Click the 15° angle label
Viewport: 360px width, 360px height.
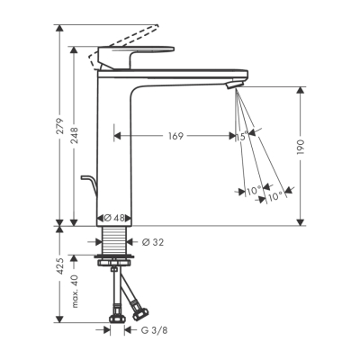point(240,136)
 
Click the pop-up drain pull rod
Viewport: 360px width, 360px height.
point(85,185)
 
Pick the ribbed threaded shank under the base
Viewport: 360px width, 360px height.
point(113,240)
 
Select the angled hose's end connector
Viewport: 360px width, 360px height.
point(139,313)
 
